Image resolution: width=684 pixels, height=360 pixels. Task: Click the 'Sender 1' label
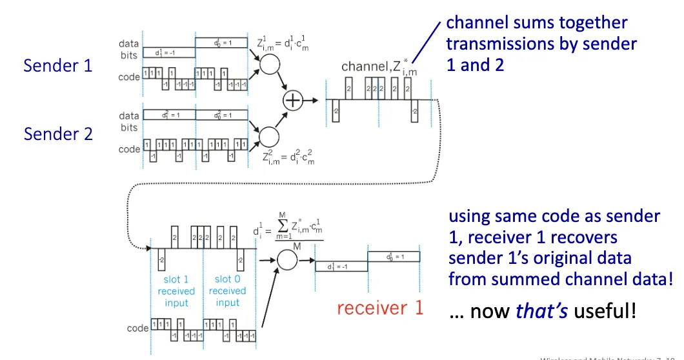pyautogui.click(x=58, y=65)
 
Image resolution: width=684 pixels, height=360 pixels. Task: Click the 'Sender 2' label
pyautogui.click(x=58, y=134)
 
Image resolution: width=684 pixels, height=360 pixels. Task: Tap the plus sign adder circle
pyautogui.click(x=294, y=101)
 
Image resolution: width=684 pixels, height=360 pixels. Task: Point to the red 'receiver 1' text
pyautogui.click(x=380, y=308)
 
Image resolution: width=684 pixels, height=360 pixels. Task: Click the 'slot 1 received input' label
pyautogui.click(x=176, y=291)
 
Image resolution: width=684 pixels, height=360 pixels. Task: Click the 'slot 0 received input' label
pyautogui.click(x=228, y=291)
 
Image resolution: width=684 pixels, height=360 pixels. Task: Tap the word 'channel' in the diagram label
pyautogui.click(x=363, y=66)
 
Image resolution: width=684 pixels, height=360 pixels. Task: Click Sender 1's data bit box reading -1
pyautogui.click(x=168, y=53)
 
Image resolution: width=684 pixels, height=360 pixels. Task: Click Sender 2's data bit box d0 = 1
pyautogui.click(x=221, y=115)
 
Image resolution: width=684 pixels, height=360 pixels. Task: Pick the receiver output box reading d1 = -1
pyautogui.click(x=341, y=266)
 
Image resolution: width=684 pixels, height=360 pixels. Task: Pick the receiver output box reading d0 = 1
pyautogui.click(x=394, y=256)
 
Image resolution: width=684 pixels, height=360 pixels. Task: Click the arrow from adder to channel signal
pyautogui.click(x=311, y=101)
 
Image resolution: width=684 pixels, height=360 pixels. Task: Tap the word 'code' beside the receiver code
pyautogui.click(x=138, y=328)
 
